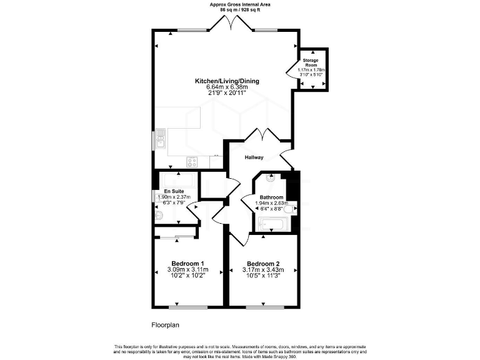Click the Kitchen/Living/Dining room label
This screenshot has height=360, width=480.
227,81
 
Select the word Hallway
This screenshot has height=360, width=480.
254,157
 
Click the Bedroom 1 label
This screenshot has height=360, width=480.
187,263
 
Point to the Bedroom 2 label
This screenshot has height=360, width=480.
262,263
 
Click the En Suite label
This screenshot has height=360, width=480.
174,191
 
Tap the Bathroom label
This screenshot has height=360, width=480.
272,197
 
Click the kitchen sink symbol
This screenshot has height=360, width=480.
161,138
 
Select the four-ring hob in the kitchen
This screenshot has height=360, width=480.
191,161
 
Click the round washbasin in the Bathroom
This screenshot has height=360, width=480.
270,177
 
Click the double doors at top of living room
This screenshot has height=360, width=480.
232,23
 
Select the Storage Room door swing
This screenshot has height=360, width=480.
292,65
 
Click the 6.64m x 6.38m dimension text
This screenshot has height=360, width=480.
227,87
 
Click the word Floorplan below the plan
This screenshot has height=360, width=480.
165,324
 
